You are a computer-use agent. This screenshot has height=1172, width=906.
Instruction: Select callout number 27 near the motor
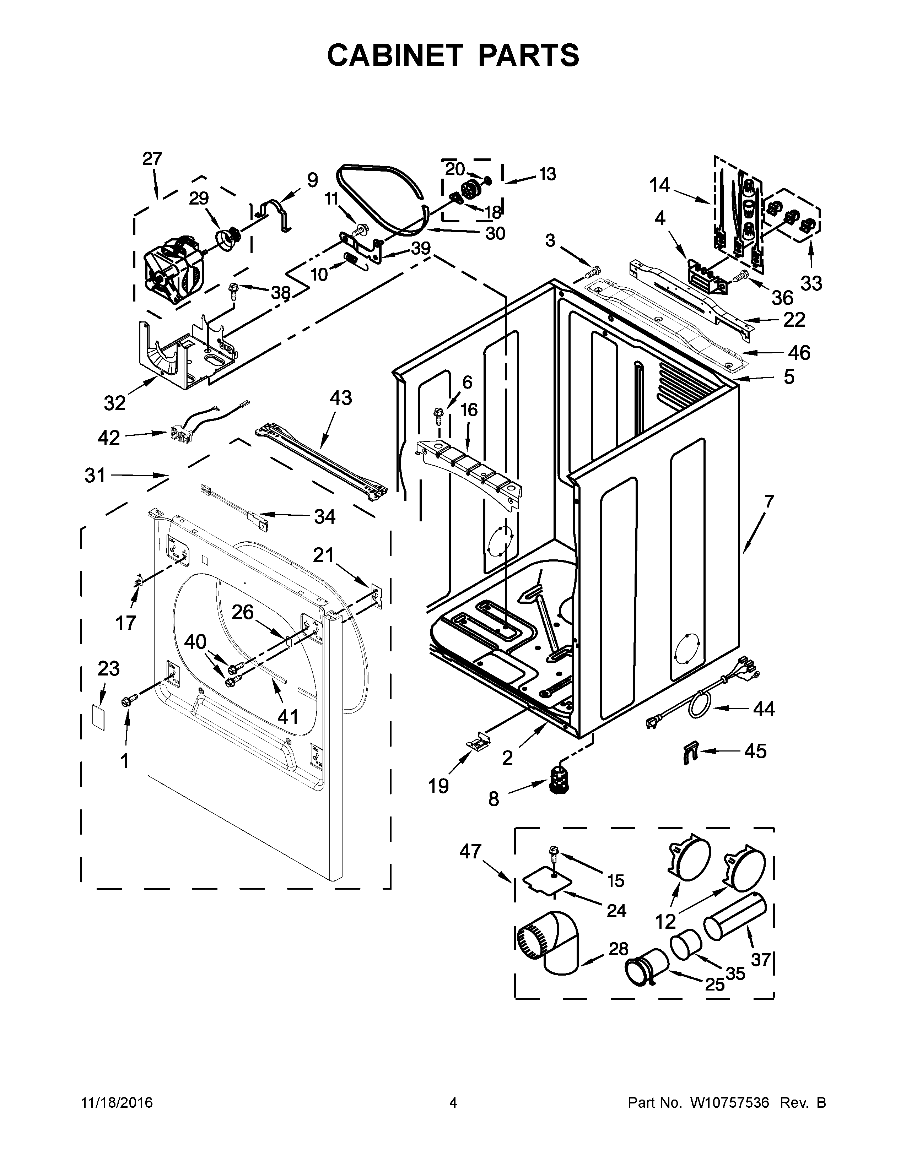[x=152, y=159]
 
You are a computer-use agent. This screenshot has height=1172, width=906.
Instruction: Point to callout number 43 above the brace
[x=340, y=398]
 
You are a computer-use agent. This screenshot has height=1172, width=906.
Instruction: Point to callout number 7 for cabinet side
[x=769, y=502]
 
